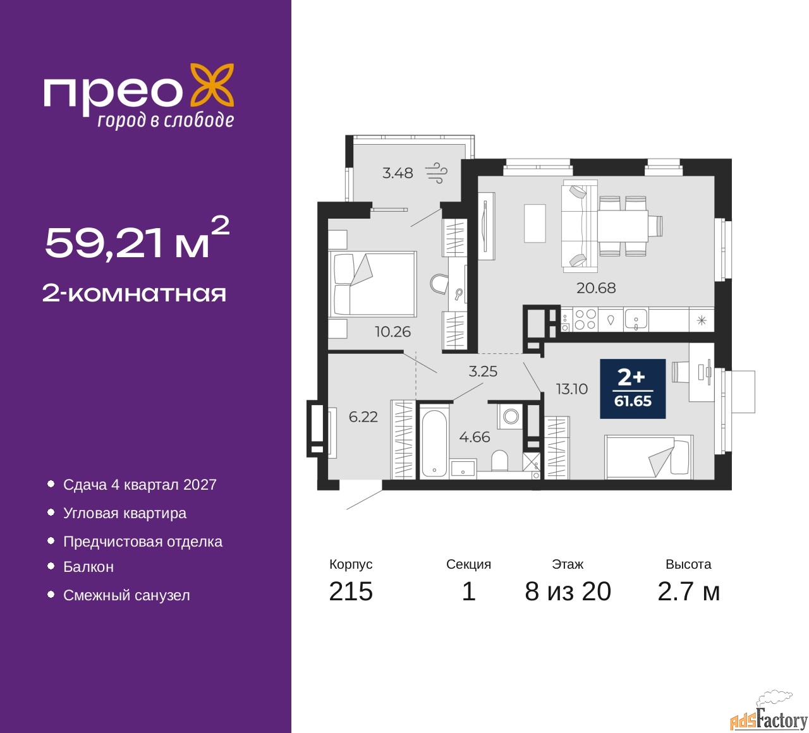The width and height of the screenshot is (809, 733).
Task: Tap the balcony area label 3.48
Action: coord(398,173)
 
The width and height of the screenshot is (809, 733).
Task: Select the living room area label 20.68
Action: coord(595,288)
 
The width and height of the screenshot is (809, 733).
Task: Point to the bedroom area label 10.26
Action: coord(392,332)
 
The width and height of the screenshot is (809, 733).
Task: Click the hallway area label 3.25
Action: coord(483,372)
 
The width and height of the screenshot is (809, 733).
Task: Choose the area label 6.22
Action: coord(363,416)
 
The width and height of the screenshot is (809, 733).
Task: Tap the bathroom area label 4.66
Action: coord(475,437)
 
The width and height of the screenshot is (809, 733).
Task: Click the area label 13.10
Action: coord(572,389)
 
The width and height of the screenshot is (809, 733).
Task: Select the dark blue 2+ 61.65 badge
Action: coord(633,389)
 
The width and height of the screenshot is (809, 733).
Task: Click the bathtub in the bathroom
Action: coord(434,442)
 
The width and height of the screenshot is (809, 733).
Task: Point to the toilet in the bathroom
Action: coord(500,460)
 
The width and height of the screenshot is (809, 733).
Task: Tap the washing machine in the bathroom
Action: coord(511,416)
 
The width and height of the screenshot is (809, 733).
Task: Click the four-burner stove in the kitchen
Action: coord(585,319)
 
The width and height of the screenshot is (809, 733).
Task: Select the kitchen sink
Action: coord(636,320)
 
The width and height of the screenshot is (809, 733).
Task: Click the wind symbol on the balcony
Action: coord(437,173)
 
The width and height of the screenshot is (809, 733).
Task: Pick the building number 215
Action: coord(351,591)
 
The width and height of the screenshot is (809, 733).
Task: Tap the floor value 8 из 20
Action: coord(568,591)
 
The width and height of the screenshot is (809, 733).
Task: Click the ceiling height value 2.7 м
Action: coord(688,591)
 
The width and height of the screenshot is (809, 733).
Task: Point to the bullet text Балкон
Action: coord(88,567)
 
